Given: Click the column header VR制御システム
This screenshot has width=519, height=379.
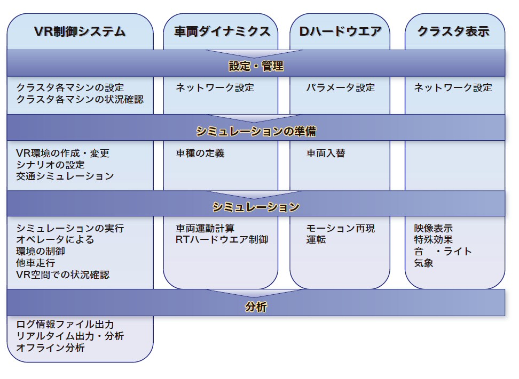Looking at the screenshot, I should (x=80, y=31).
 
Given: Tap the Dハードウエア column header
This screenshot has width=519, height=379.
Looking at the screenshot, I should (x=340, y=31).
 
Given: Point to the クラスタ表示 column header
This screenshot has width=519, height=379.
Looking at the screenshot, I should (x=453, y=31).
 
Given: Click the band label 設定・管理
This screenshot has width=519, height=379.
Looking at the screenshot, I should (x=256, y=66).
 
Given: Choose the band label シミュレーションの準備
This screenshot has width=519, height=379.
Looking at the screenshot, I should (x=256, y=131).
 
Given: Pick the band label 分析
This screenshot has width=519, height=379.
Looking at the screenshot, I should (x=256, y=307).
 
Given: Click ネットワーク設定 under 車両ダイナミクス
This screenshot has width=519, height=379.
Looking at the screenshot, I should (x=215, y=88).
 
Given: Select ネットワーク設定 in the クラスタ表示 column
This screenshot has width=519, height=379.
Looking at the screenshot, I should (x=453, y=88).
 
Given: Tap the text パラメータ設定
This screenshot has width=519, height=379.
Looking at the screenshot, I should (x=340, y=88).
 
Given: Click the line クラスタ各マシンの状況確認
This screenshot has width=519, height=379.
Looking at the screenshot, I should (x=80, y=100).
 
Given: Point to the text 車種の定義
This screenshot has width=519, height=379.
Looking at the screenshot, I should (x=200, y=154).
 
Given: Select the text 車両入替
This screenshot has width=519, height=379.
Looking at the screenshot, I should (x=326, y=154).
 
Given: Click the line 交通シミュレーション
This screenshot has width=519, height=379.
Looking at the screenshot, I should (x=65, y=176).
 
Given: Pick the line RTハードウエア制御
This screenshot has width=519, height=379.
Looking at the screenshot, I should (x=222, y=240).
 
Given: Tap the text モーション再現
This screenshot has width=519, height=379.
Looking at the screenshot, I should (x=340, y=229).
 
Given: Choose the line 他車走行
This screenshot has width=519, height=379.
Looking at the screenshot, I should (x=36, y=263).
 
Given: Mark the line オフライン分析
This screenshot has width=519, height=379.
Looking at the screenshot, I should (x=51, y=348).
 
